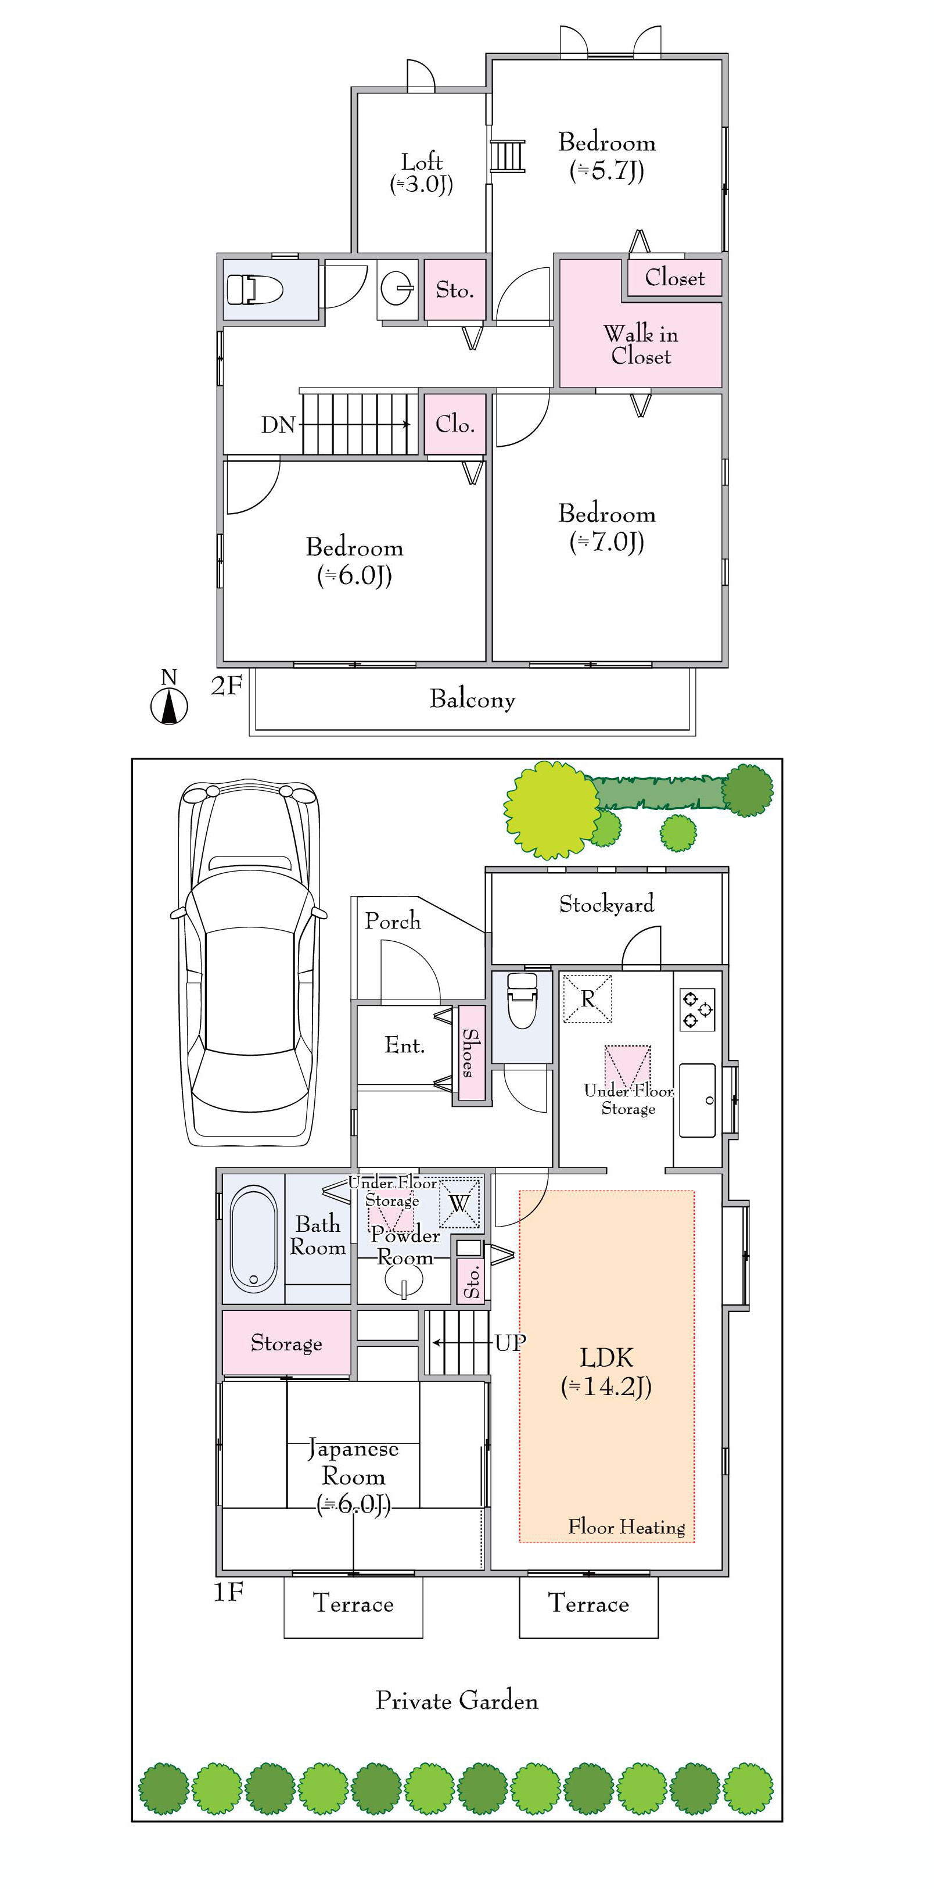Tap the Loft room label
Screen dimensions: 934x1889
pyautogui.click(x=422, y=173)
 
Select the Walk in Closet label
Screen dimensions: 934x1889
pyautogui.click(x=641, y=345)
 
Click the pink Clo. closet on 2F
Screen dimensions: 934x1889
pyautogui.click(x=455, y=425)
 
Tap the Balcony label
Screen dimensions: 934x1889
pyautogui.click(x=472, y=699)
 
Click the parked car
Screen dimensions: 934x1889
pyautogui.click(x=249, y=963)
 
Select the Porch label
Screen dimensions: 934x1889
pyautogui.click(x=393, y=921)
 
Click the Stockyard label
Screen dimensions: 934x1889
pyautogui.click(x=606, y=904)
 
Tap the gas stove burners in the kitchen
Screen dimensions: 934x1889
pyautogui.click(x=697, y=1010)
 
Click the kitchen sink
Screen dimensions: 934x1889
pyautogui.click(x=697, y=1100)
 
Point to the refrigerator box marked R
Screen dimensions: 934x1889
pyautogui.click(x=587, y=998)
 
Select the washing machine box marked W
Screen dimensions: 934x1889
pyautogui.click(x=459, y=1203)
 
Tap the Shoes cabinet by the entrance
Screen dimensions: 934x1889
pyautogui.click(x=472, y=1053)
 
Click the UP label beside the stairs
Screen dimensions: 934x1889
pyautogui.click(x=510, y=1343)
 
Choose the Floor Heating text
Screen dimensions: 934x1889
pyautogui.click(x=627, y=1527)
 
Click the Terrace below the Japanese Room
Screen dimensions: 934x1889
pyautogui.click(x=353, y=1607)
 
